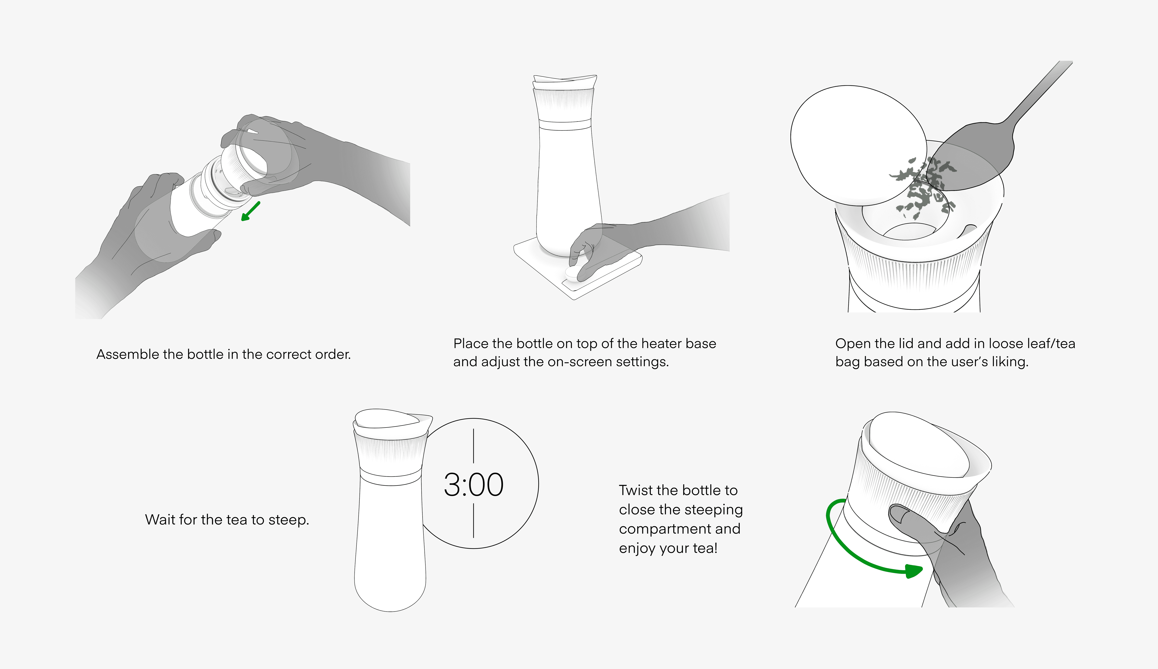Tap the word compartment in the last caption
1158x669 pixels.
click(680, 529)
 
